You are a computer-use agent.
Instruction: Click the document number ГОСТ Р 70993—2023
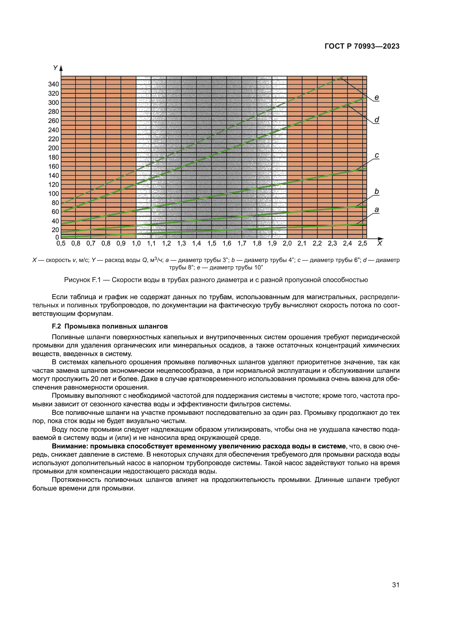pyautogui.click(x=362, y=46)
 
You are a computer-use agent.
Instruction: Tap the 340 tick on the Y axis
pyautogui.click(x=54, y=84)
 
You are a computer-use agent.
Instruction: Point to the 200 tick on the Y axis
pyautogui.click(x=54, y=148)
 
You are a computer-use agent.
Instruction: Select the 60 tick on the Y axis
pyautogui.click(x=55, y=212)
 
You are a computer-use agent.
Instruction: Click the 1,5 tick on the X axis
pyautogui.click(x=212, y=243)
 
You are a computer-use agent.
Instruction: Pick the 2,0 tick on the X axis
pyautogui.click(x=287, y=243)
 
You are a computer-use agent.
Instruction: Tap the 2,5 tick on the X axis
pyautogui.click(x=363, y=243)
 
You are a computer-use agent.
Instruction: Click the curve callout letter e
pyautogui.click(x=377, y=98)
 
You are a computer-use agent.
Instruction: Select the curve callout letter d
pyautogui.click(x=377, y=120)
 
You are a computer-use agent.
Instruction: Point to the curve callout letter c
pyautogui.click(x=377, y=155)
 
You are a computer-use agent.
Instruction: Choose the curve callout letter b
pyautogui.click(x=377, y=192)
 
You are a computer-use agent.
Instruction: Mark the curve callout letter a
pyautogui.click(x=377, y=210)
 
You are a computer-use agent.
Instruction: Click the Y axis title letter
pyautogui.click(x=55, y=68)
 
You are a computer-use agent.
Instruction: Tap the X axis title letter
pyautogui.click(x=379, y=243)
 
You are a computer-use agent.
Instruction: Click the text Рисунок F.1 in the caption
pyautogui.click(x=82, y=280)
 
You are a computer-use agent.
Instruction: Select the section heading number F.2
pyautogui.click(x=56, y=326)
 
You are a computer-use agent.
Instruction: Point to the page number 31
pyautogui.click(x=396, y=585)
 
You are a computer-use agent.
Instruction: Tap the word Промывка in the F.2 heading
pyautogui.click(x=80, y=326)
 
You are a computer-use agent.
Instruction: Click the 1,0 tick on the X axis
pyautogui.click(x=136, y=243)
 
